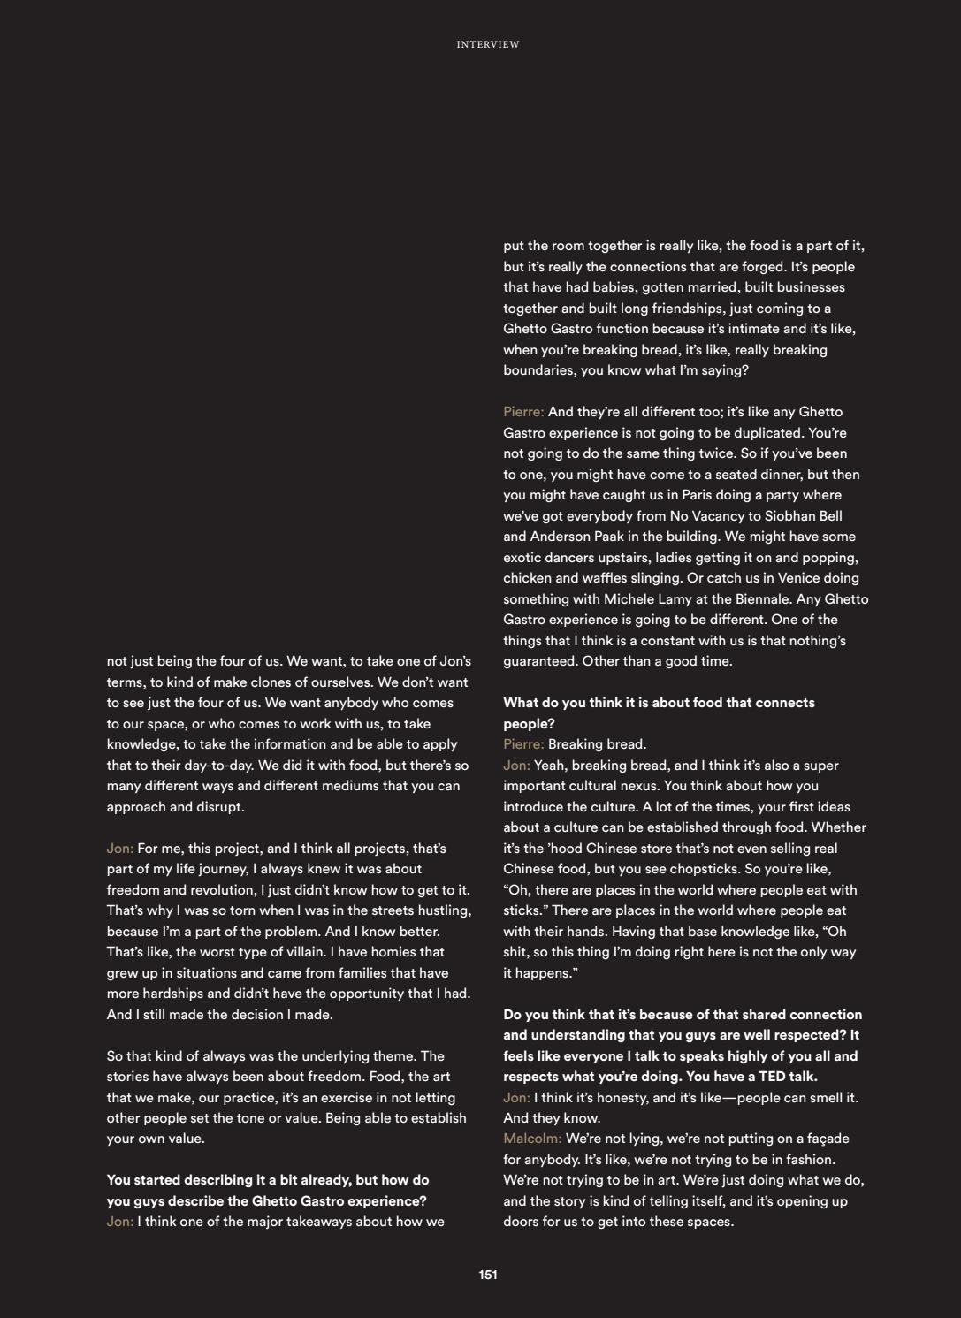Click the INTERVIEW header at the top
(x=488, y=44)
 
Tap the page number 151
(x=488, y=1275)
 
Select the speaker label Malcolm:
(x=532, y=1139)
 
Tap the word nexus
(x=638, y=786)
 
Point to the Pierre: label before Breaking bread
(x=523, y=744)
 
